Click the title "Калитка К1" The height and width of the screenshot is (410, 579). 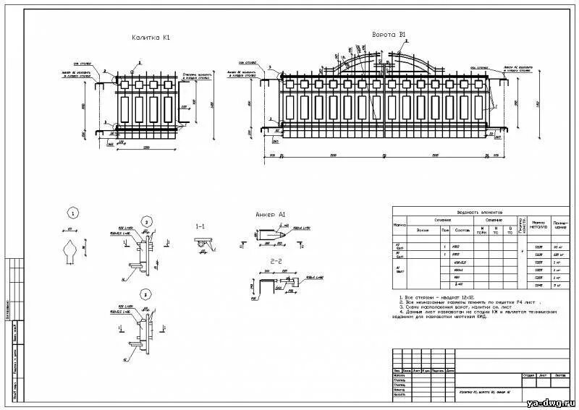point(151,37)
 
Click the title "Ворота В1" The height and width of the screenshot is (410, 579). point(389,35)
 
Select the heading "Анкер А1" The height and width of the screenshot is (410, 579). point(271,215)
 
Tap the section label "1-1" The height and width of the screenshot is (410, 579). point(200,227)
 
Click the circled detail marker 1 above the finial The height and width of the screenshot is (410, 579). point(72,213)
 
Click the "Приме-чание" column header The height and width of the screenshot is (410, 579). point(561,225)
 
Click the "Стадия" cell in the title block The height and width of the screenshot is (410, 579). point(528,375)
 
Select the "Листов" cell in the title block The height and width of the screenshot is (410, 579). point(559,375)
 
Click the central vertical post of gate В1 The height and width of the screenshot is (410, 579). point(388,101)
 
